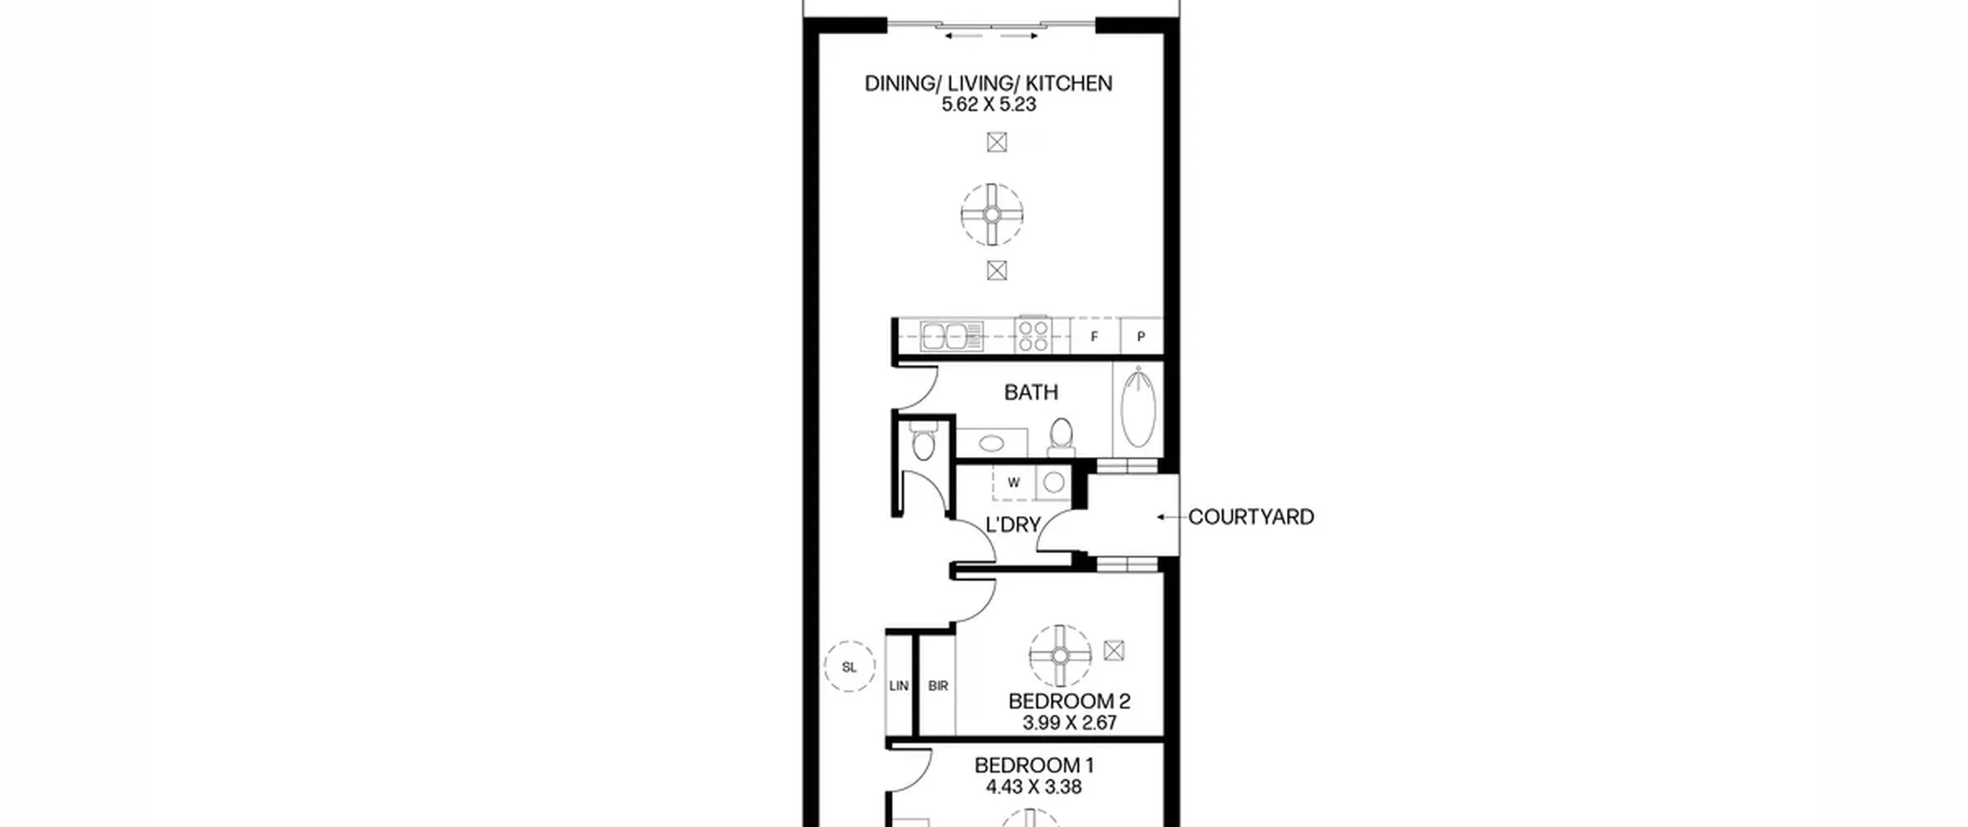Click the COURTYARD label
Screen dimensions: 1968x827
[x=1251, y=517]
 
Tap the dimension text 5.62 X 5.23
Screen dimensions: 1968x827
[x=989, y=105]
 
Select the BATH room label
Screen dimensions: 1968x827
[x=1031, y=392]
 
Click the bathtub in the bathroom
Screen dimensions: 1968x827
[x=1139, y=408]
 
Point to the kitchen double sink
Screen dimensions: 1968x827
[x=952, y=336]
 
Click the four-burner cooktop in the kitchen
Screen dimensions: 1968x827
[x=1033, y=336]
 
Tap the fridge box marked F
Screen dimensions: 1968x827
[x=1094, y=336]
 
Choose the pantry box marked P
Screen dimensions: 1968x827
[x=1141, y=336]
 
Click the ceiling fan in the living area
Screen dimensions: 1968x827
[x=992, y=215]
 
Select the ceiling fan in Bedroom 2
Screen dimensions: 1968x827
[x=1060, y=655]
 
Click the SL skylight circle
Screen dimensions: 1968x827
[x=849, y=667]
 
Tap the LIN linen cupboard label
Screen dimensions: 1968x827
[x=899, y=685]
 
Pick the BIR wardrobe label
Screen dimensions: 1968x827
[x=938, y=685]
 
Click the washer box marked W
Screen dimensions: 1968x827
[x=1013, y=482]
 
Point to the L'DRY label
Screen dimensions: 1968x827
[x=1013, y=525]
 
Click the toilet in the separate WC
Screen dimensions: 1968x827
[x=922, y=442]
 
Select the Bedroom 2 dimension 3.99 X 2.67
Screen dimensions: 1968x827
[x=1069, y=723]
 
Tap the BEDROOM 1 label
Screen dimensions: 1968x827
[x=1034, y=765]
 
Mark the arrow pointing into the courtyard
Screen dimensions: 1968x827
[x=1171, y=517]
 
